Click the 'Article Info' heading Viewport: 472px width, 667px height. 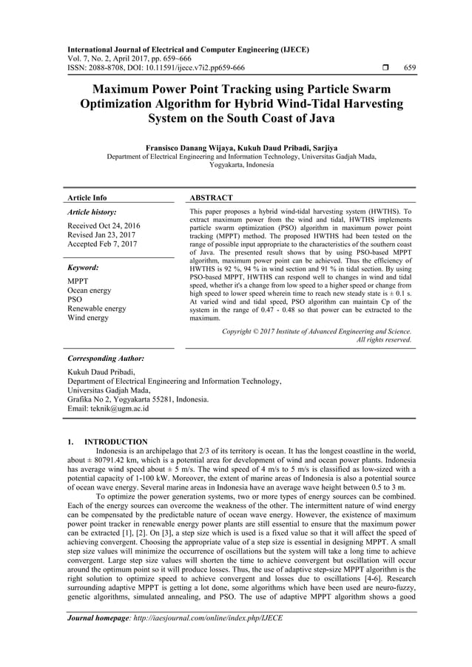[x=87, y=198]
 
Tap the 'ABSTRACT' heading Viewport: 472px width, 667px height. [x=212, y=198]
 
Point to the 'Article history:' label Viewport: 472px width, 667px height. [x=92, y=212]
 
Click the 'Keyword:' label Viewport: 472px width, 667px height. [x=83, y=268]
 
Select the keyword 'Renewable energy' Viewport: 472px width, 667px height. [x=97, y=308]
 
